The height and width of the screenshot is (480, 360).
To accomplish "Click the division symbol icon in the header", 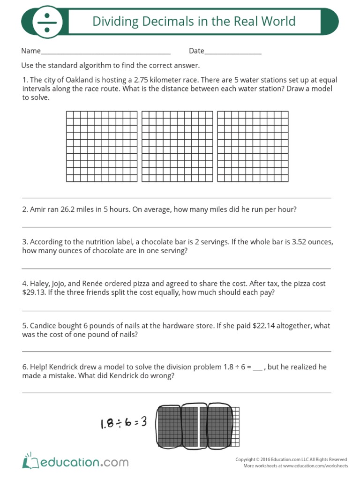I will (46, 22).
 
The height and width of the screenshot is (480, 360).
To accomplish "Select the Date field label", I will (196, 51).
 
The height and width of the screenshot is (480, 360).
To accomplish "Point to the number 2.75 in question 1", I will (142, 80).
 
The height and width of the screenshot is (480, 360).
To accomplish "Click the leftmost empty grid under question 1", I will (102, 146).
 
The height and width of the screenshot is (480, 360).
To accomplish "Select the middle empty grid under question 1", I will (177, 146).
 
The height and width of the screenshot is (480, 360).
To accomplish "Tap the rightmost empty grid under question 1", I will (253, 146).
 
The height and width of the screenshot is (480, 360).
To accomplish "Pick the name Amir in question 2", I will (39, 210).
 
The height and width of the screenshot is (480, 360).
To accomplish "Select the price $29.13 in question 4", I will (32, 292).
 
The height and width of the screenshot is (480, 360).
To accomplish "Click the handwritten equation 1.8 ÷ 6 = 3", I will (123, 422).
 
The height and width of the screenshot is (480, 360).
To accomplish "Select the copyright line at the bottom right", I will (291, 460).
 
